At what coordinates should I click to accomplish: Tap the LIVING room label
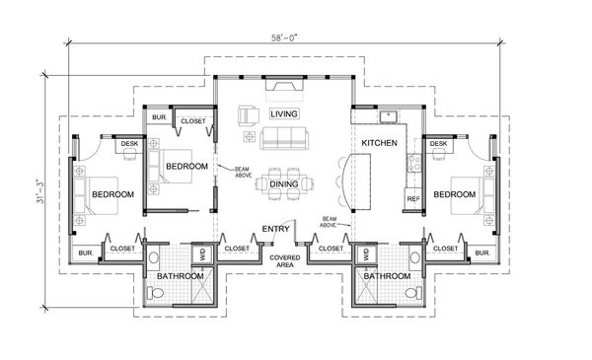(x=283, y=114)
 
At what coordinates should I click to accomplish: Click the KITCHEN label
(x=379, y=143)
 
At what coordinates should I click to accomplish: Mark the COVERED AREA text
(x=285, y=261)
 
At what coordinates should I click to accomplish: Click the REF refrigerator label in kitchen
(x=413, y=199)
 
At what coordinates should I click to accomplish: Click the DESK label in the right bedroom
(x=438, y=145)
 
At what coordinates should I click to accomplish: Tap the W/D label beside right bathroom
(x=367, y=253)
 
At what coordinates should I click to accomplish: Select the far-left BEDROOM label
(x=112, y=194)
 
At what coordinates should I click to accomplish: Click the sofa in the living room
(x=283, y=136)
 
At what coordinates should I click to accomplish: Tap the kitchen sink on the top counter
(x=391, y=115)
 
